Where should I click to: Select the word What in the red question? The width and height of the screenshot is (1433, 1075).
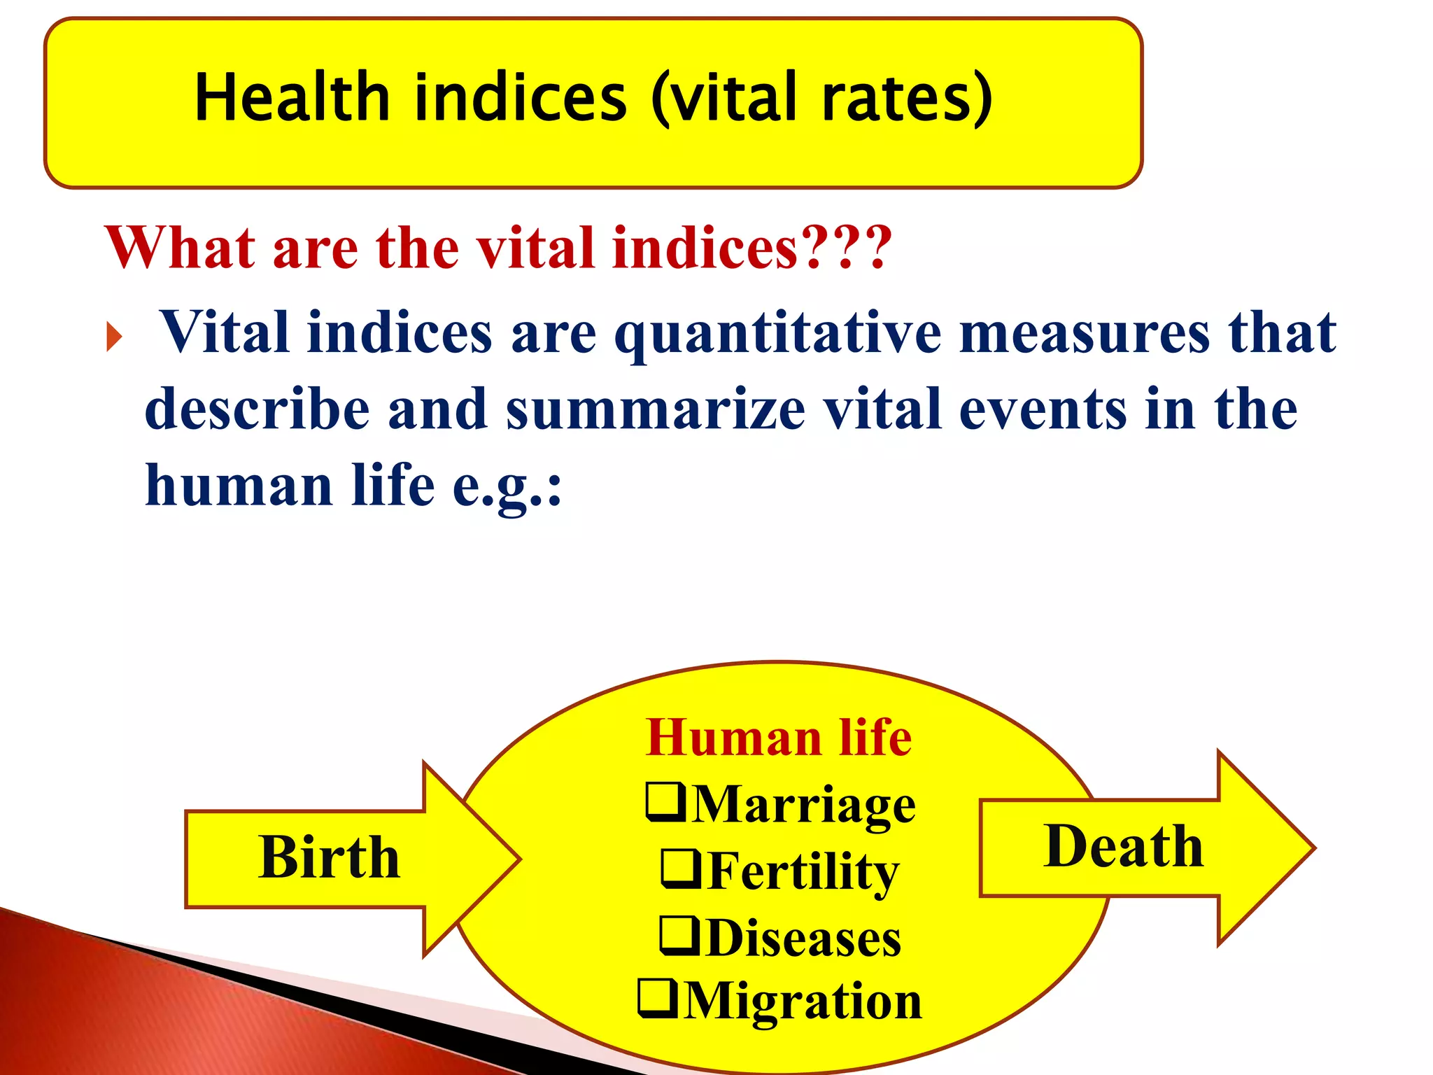click(181, 248)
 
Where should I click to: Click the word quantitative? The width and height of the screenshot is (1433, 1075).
click(777, 334)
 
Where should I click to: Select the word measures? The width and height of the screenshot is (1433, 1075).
click(1084, 332)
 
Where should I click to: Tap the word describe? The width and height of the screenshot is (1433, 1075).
click(257, 409)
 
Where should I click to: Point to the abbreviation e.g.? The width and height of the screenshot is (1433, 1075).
click(507, 486)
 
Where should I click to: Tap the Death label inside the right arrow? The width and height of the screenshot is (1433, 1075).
click(1123, 846)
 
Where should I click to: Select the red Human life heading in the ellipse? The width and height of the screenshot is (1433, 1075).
click(779, 738)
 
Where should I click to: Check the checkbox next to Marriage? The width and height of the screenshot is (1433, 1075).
click(665, 802)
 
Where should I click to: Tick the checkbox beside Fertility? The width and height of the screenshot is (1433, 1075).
click(681, 869)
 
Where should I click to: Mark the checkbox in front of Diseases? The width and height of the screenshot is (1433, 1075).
click(679, 936)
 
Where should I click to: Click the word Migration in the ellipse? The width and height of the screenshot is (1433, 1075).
click(803, 1001)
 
